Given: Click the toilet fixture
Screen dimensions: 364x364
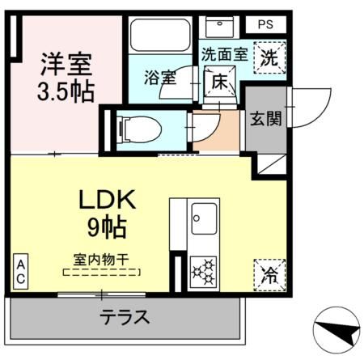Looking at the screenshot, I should click(136, 129).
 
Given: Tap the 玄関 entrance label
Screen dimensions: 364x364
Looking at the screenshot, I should click(265, 118).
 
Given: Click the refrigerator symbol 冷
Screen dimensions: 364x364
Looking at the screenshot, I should click(269, 273).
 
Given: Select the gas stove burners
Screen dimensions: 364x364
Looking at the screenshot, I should click(202, 267).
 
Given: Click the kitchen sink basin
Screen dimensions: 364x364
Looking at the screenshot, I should click(203, 217).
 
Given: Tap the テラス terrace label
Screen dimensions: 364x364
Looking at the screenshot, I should click(125, 316).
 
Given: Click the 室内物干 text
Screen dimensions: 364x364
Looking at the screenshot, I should click(101, 260).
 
